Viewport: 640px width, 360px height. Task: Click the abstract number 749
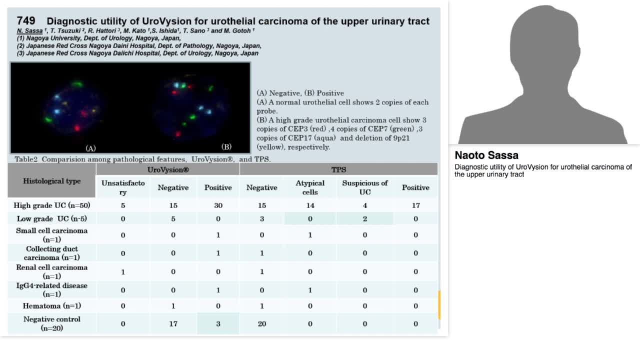(x=26, y=20)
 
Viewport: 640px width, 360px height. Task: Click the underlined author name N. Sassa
(x=29, y=31)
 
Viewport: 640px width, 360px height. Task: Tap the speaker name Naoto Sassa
(x=486, y=155)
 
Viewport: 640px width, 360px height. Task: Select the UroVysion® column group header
(x=167, y=169)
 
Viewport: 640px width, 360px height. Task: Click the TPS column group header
(x=338, y=169)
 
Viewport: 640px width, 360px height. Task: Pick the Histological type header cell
(x=52, y=181)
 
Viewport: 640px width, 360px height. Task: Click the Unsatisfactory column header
(x=123, y=187)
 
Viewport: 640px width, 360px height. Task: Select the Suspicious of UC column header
(x=364, y=187)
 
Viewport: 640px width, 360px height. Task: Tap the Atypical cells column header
(x=310, y=187)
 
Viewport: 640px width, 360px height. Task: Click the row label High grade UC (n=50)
(x=52, y=205)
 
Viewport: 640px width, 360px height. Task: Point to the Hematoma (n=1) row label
(x=52, y=305)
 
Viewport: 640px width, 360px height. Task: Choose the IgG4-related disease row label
(x=52, y=289)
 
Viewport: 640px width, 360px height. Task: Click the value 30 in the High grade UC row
(x=218, y=205)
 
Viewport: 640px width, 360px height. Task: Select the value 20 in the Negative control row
(x=261, y=323)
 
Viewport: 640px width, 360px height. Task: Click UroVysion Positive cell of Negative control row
(x=218, y=323)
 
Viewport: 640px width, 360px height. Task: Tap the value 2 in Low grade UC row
(x=364, y=218)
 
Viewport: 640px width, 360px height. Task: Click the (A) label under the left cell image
(x=90, y=148)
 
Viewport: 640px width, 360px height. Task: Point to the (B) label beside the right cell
(x=226, y=146)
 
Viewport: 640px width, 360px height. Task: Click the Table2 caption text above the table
(x=142, y=159)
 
